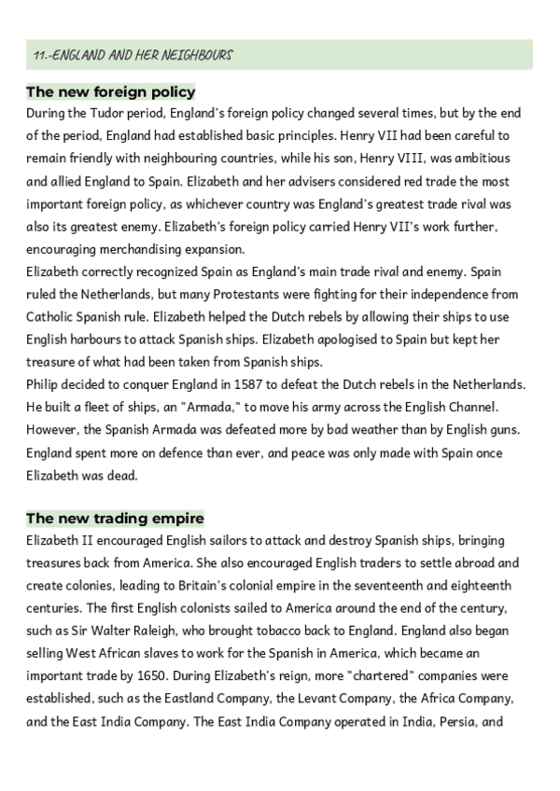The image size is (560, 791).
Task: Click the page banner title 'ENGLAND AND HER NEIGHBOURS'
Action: [x=132, y=55]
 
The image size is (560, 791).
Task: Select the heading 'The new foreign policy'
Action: [x=110, y=91]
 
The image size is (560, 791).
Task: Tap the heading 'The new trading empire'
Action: [x=115, y=518]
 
